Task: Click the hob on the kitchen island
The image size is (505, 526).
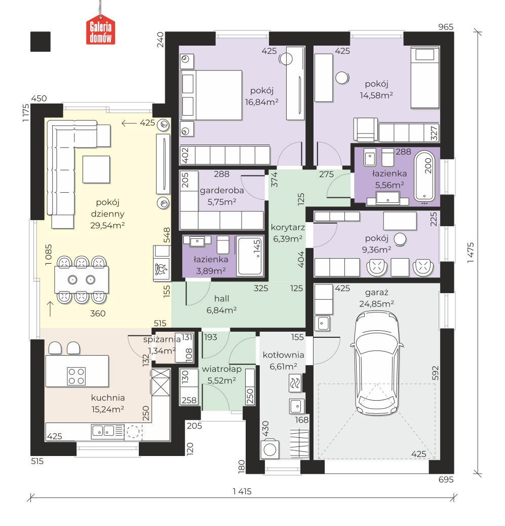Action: coord(76,376)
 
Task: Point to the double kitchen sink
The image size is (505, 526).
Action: coord(103,431)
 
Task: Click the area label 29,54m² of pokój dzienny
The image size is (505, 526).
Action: coord(107,225)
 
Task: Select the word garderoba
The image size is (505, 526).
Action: coord(222,191)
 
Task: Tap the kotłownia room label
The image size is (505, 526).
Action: coord(283,355)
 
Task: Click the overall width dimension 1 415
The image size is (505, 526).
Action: coord(242,492)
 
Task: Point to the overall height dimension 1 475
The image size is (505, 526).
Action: coord(471,252)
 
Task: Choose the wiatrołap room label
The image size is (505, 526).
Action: coord(222,369)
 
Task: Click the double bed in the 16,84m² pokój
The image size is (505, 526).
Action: coord(211,95)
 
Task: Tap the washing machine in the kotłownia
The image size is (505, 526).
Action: coord(270,449)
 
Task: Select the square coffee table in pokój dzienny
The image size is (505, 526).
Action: coord(96,169)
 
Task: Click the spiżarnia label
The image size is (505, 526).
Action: coord(162,339)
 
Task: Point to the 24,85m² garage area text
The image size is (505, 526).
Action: coord(377,304)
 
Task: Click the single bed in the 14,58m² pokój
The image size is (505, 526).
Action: coord(424,78)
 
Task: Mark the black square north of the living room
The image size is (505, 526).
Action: coord(41,42)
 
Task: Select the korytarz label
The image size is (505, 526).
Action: coord(288,227)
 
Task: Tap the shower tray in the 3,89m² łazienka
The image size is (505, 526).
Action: coord(250,256)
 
